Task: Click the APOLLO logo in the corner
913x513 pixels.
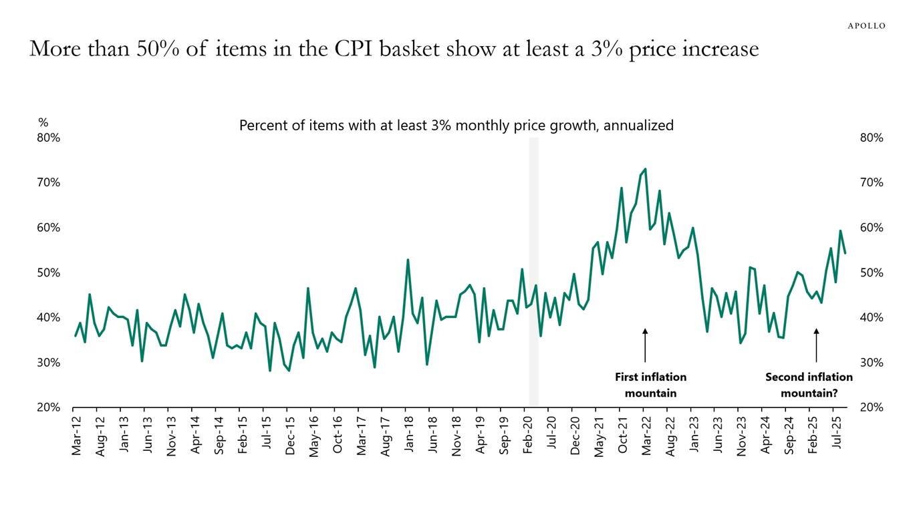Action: [x=866, y=25]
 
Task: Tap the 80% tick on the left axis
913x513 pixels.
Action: [x=49, y=138]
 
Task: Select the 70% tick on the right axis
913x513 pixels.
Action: [x=872, y=182]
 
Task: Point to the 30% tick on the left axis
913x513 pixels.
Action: [x=49, y=363]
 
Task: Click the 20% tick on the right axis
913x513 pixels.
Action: [x=872, y=407]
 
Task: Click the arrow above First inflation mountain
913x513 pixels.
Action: [x=645, y=345]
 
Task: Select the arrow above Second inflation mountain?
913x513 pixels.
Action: [x=816, y=345]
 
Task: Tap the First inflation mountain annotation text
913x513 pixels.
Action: [x=650, y=385]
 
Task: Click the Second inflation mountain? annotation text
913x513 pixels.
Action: [x=809, y=385]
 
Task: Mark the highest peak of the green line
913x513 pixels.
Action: [x=645, y=169]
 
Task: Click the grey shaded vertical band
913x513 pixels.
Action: [x=533, y=267]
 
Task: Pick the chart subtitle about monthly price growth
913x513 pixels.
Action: [x=456, y=125]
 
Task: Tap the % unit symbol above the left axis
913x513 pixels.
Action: [x=43, y=122]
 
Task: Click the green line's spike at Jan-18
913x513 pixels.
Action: [x=408, y=260]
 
